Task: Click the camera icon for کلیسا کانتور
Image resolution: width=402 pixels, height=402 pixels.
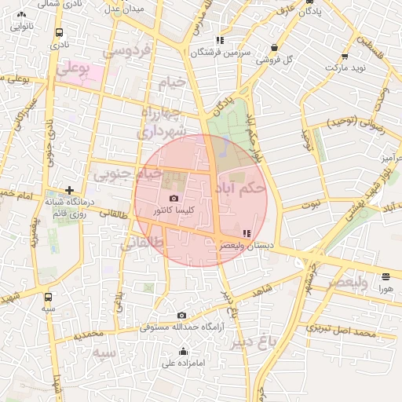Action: pos(174,199)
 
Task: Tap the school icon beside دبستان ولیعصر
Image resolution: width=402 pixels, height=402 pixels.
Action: pos(247,233)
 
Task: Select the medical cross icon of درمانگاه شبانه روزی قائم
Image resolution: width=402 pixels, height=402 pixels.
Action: pos(70,191)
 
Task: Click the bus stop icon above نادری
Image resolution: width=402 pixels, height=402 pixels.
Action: pos(60,33)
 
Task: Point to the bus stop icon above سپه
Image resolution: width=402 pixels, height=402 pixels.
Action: pos(49,297)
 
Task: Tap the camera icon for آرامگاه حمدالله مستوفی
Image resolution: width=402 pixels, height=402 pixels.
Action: pos(182,315)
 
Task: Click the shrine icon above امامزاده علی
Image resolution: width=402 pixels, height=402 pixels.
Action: pos(184,351)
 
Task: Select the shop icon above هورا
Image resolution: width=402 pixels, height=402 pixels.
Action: pos(386,276)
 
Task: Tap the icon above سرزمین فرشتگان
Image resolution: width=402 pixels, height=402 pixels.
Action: pos(221,40)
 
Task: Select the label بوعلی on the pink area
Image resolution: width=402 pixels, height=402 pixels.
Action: pos(72,70)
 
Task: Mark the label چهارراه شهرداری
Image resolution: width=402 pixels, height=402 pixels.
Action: pos(163,122)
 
